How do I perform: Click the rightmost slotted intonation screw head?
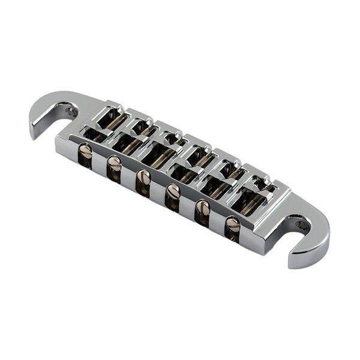point(232,224)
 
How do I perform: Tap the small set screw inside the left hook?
point(71,112)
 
